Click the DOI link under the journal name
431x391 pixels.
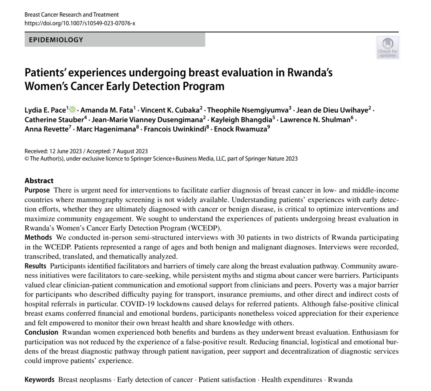click(x=80, y=23)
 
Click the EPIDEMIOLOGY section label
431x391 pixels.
click(x=56, y=40)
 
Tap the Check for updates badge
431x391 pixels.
click(x=388, y=47)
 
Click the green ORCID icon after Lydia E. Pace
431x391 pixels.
click(x=72, y=109)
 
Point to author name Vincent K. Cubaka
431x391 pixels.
click(x=170, y=110)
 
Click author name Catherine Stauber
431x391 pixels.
click(x=54, y=120)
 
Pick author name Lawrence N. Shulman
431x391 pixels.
click(x=315, y=120)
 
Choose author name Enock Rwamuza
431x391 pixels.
click(x=241, y=129)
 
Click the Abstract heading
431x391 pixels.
click(x=39, y=180)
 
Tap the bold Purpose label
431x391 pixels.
click(x=37, y=190)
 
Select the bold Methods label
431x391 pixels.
click(x=38, y=237)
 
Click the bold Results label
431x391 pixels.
click(x=35, y=266)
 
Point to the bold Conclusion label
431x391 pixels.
click(x=41, y=332)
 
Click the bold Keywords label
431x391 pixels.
click(x=40, y=380)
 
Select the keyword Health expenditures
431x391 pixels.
click(x=292, y=380)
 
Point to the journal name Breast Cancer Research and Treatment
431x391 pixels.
click(x=72, y=14)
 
